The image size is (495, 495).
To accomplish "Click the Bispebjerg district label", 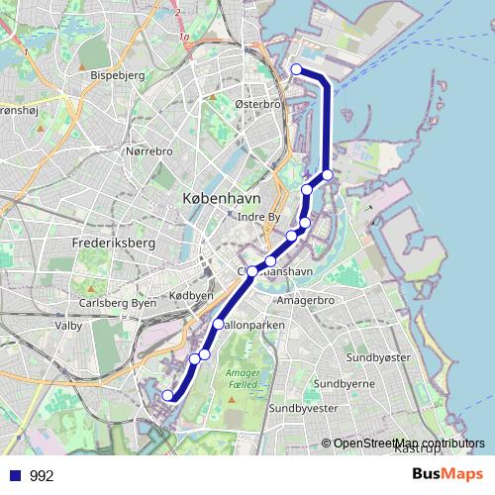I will (x=117, y=74).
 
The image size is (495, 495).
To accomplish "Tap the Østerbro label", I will (x=259, y=104).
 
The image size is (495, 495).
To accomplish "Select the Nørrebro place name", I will (x=149, y=151).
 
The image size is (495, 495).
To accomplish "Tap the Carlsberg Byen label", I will (x=117, y=303).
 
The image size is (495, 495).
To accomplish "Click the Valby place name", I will (x=68, y=324).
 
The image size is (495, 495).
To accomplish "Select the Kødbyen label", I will (x=191, y=296).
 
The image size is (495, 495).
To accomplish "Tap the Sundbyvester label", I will (x=304, y=407).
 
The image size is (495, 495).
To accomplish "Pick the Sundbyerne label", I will (x=343, y=383).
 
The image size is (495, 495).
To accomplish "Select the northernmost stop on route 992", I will (x=297, y=69).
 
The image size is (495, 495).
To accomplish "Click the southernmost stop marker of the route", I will (x=167, y=396).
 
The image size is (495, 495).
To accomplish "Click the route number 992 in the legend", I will (x=42, y=476).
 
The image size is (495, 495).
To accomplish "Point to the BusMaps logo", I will (x=447, y=475).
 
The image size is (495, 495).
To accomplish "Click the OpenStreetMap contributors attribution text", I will (x=409, y=444).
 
